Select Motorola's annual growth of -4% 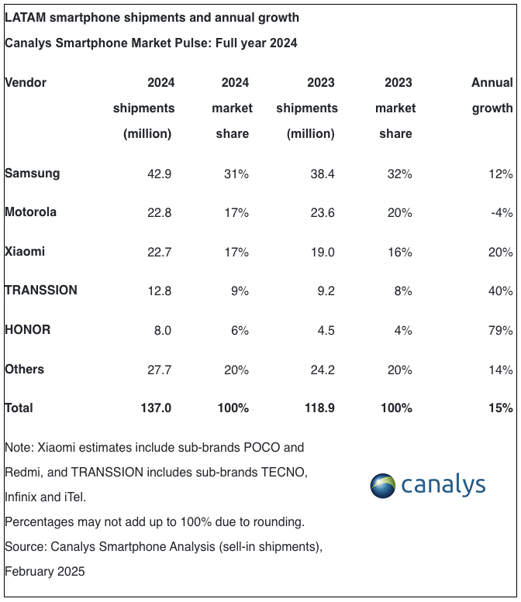coord(500,212)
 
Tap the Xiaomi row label coord(25,252)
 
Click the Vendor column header coord(26,82)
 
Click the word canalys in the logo coord(443,486)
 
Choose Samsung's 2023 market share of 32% coord(399,174)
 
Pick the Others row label coord(25,369)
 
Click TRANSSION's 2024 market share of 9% coord(240,291)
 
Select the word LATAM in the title coord(25,16)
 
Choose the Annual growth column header coord(492,95)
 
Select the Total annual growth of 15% coord(500,408)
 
